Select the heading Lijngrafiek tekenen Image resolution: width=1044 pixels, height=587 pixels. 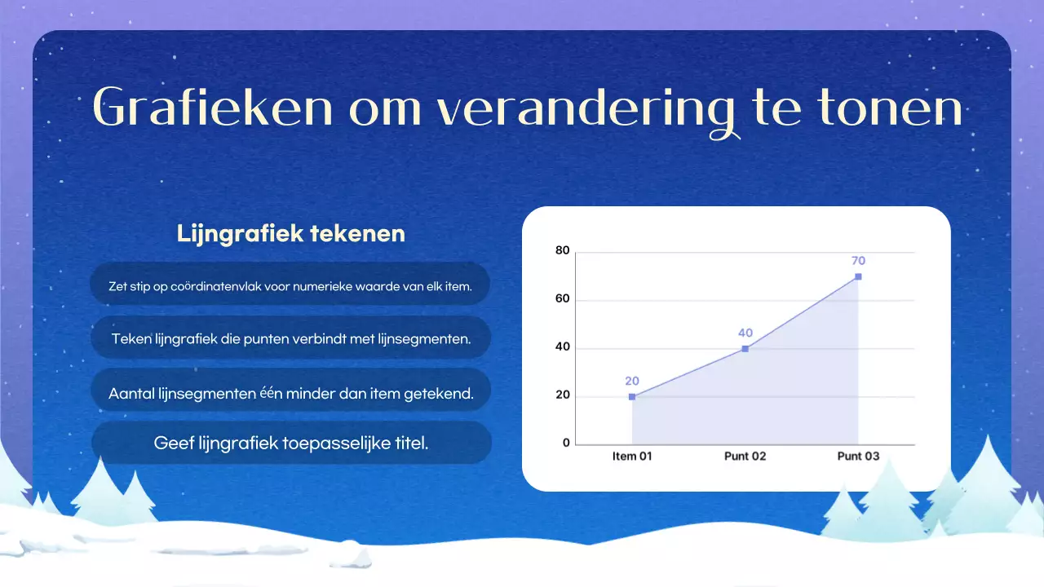click(291, 234)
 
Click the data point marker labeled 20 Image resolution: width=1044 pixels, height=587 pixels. click(632, 397)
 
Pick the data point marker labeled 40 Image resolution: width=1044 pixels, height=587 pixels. click(745, 349)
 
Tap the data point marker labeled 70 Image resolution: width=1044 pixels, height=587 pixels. click(858, 276)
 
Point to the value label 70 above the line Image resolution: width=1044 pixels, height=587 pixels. click(858, 261)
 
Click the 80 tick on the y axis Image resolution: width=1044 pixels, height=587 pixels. click(562, 251)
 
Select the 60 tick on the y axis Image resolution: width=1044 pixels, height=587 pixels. click(562, 300)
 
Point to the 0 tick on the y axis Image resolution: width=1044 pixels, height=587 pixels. click(566, 444)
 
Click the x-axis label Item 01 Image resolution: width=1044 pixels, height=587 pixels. click(632, 457)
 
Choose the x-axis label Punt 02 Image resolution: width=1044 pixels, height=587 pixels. click(745, 457)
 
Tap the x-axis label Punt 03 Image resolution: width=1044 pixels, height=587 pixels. click(858, 457)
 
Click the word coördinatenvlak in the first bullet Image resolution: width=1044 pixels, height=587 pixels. click(216, 287)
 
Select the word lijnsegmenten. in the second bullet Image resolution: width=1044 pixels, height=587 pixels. click(425, 339)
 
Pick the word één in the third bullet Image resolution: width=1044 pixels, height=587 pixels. click(270, 393)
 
